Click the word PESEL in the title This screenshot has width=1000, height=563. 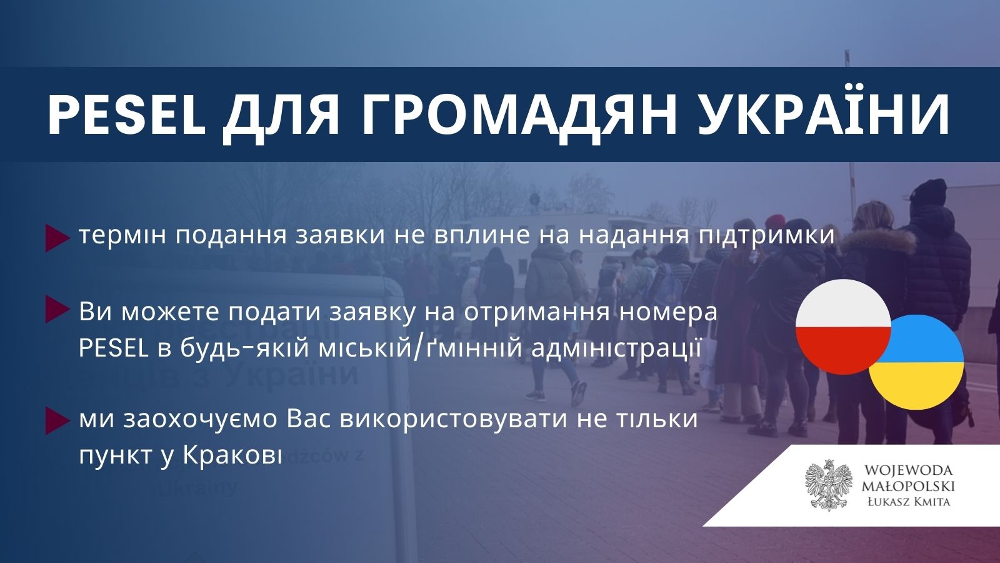click(126, 115)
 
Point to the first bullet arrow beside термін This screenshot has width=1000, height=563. click(57, 238)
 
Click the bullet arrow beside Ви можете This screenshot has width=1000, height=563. click(57, 309)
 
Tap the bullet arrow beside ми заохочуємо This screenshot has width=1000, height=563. click(57, 421)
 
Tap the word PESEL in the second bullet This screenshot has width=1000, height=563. click(113, 349)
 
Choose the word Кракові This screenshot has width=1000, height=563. click(233, 457)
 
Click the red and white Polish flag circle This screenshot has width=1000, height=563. click(843, 327)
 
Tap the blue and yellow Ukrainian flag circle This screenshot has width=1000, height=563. click(917, 362)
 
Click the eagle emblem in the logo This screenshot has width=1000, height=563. click(829, 485)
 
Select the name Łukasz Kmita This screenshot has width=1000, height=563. click(909, 502)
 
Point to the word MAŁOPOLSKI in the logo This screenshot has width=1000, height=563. click(908, 485)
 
